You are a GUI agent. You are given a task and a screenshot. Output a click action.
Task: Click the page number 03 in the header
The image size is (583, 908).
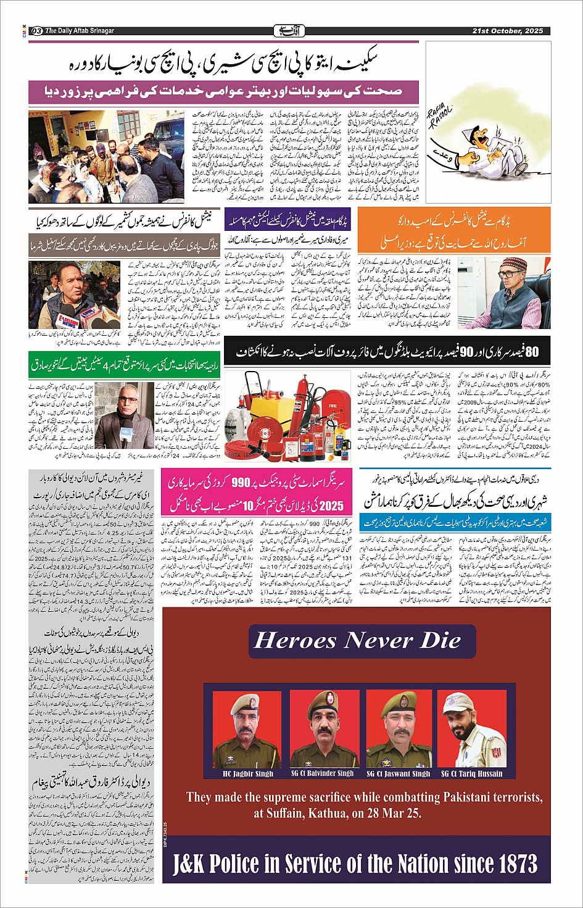[x=36, y=31]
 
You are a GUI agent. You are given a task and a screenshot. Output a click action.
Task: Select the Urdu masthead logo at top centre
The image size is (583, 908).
[x=287, y=30]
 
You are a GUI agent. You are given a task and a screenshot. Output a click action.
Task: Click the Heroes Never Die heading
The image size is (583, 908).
[x=357, y=640]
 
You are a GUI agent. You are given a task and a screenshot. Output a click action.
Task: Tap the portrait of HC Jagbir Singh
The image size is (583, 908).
[x=247, y=730]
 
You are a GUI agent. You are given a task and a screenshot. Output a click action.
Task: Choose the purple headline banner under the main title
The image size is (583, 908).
[x=223, y=91]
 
